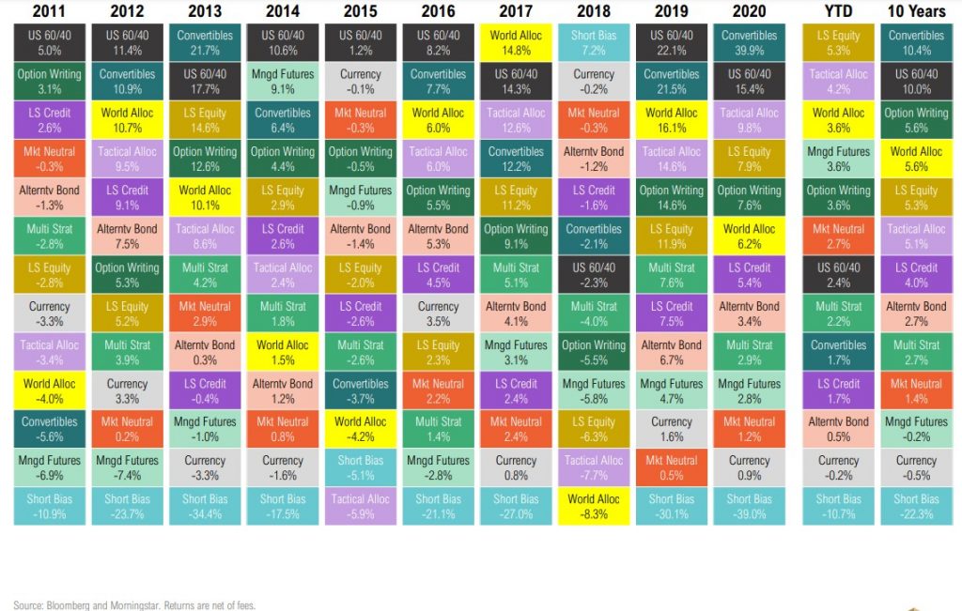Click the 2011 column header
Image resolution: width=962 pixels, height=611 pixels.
coord(49,12)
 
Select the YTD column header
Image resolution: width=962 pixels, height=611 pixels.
coord(838,12)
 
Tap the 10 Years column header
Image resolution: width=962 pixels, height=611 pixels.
coord(916,12)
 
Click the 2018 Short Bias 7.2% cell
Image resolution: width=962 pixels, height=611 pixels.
coord(594,42)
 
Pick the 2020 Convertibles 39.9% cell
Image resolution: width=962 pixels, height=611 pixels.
coord(749,42)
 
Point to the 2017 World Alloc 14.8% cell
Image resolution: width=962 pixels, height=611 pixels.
coord(516,42)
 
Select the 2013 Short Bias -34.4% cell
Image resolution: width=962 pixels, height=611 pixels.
coord(205,506)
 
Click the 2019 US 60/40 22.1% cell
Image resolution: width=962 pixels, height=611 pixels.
coord(672,42)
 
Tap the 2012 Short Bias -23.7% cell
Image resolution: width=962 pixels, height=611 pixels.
coord(127,506)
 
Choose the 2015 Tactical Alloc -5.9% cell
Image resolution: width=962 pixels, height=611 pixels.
coord(361,506)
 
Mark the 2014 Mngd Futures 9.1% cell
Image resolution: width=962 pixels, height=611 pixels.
coord(283,81)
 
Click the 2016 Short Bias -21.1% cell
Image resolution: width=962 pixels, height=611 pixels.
coord(438,506)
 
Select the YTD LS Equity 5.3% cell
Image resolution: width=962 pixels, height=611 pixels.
coord(838,42)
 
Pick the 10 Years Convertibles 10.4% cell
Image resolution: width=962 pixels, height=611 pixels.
coord(916,42)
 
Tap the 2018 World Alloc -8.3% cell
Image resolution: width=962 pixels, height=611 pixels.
coord(594,506)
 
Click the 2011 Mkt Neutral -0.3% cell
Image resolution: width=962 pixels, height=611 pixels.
coord(49,158)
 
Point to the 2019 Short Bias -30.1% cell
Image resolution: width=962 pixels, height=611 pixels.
coord(672,506)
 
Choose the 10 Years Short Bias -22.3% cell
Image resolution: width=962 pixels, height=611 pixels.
coord(916,506)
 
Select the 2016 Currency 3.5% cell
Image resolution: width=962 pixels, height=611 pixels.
coord(438,313)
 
